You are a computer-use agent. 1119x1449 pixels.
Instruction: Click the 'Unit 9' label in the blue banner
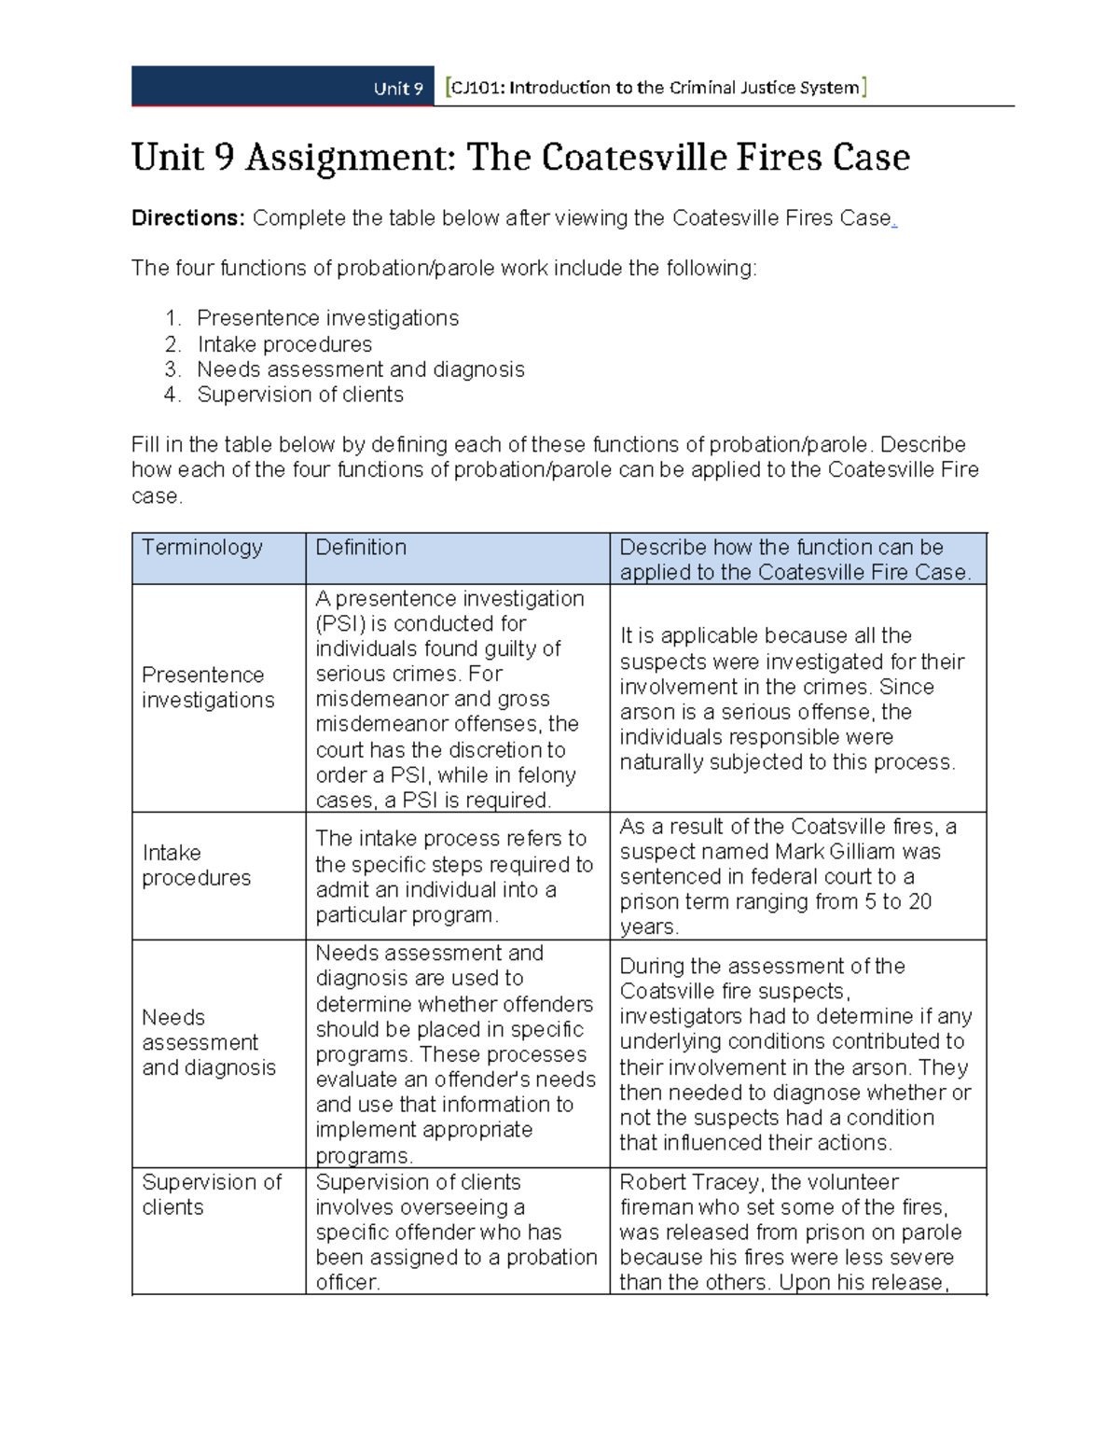click(x=398, y=89)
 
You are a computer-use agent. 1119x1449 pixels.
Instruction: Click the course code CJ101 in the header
click(x=477, y=88)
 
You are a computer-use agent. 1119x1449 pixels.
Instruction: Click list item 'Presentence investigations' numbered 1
click(x=327, y=318)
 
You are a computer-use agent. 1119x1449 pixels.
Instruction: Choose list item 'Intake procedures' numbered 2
click(x=284, y=344)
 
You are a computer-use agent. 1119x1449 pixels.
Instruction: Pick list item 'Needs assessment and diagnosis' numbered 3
click(x=360, y=369)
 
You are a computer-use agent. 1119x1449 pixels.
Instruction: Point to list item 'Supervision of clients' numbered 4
click(x=299, y=395)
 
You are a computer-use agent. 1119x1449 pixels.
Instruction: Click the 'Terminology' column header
click(x=201, y=548)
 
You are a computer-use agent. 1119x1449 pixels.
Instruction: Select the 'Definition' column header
click(x=361, y=548)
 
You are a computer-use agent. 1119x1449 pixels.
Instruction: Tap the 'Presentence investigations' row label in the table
click(x=208, y=688)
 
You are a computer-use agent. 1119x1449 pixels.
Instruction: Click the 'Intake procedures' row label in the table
click(x=196, y=865)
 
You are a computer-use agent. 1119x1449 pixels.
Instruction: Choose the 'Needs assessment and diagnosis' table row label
click(x=209, y=1042)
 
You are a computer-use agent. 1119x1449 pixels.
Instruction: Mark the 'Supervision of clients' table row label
click(x=211, y=1194)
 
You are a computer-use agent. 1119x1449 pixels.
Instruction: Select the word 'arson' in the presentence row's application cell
click(x=646, y=712)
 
